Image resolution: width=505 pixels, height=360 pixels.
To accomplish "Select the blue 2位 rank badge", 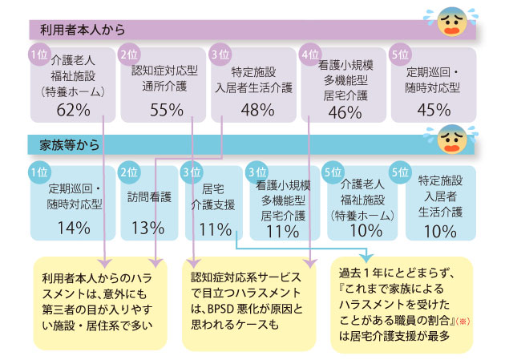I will coord(129,172).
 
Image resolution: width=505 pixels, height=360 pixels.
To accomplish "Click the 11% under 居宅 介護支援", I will coord(215,229).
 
